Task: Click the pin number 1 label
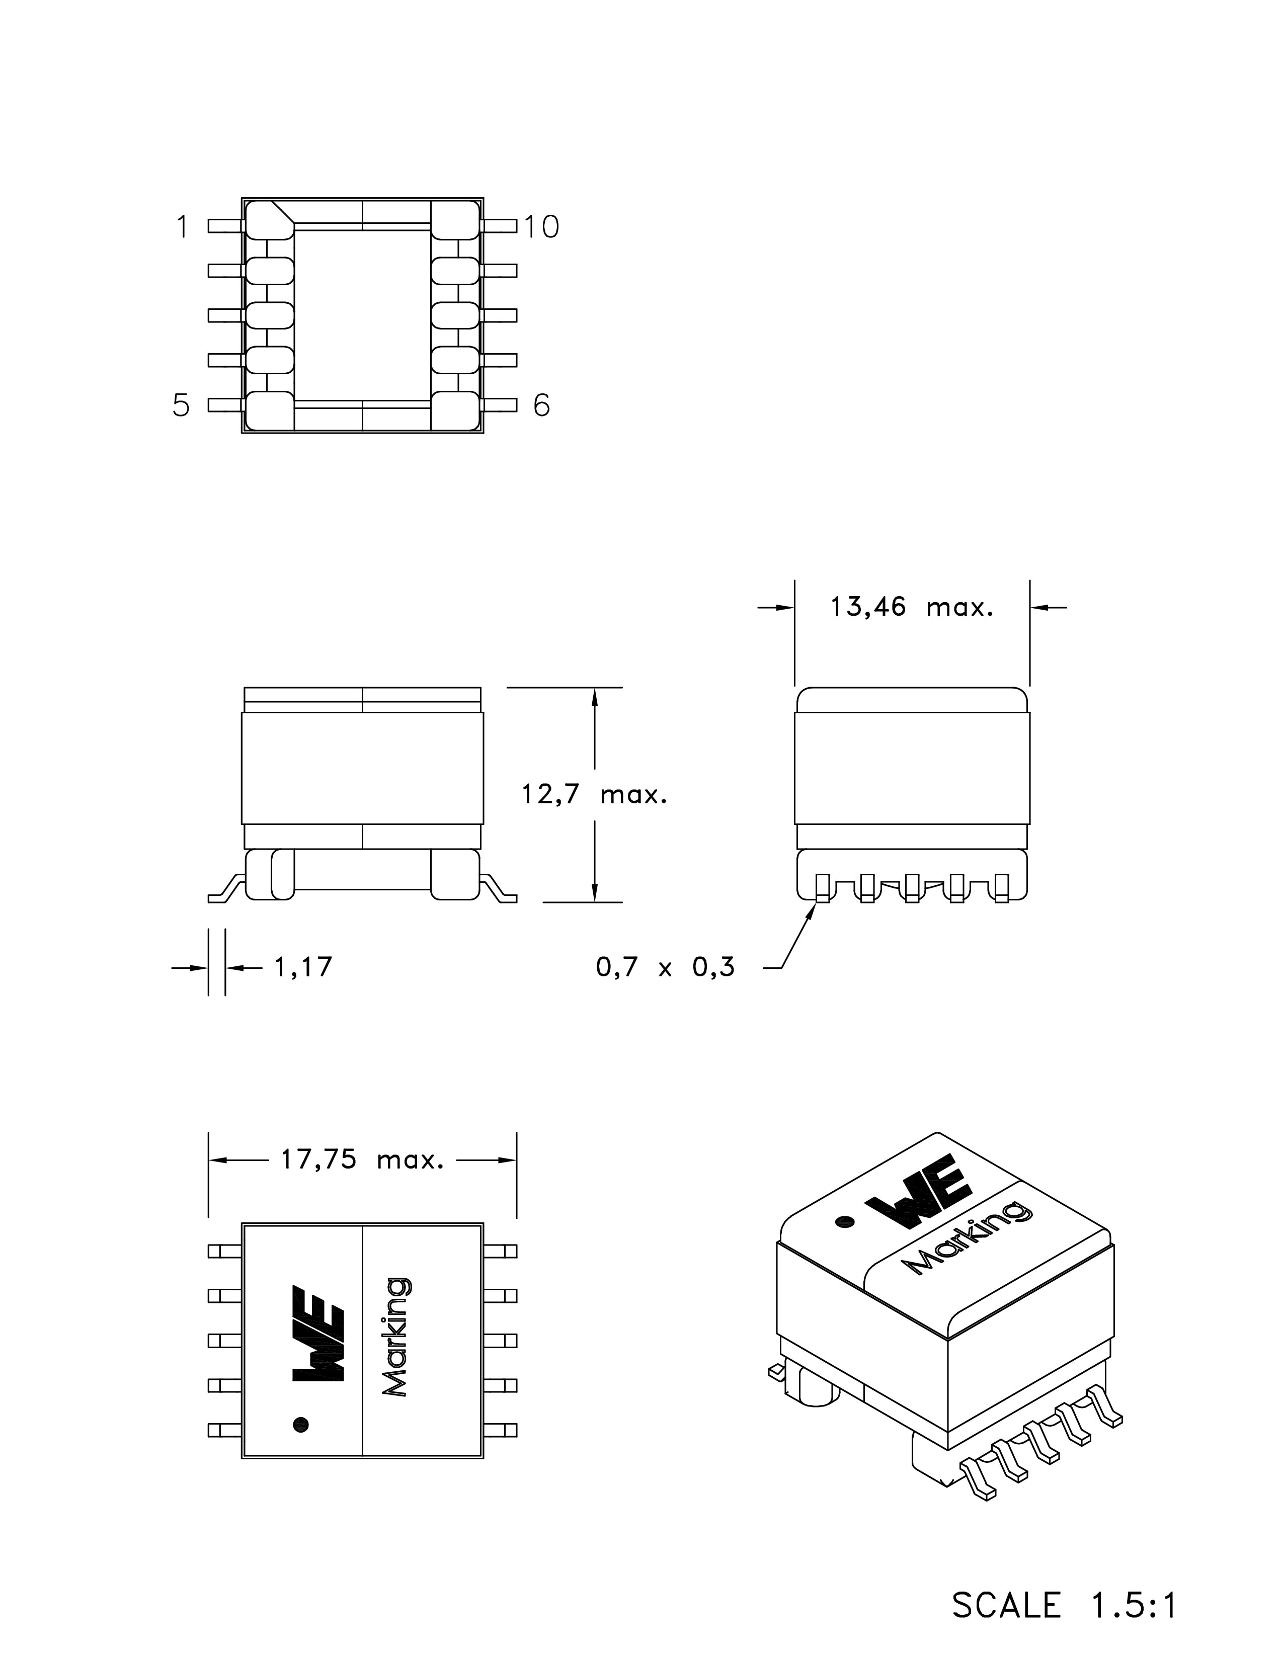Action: [182, 226]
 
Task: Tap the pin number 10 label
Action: [541, 226]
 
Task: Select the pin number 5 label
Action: [181, 405]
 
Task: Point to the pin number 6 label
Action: [541, 405]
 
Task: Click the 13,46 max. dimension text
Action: [911, 607]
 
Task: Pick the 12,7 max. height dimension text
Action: [594, 795]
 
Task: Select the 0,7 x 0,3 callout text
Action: [665, 967]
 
